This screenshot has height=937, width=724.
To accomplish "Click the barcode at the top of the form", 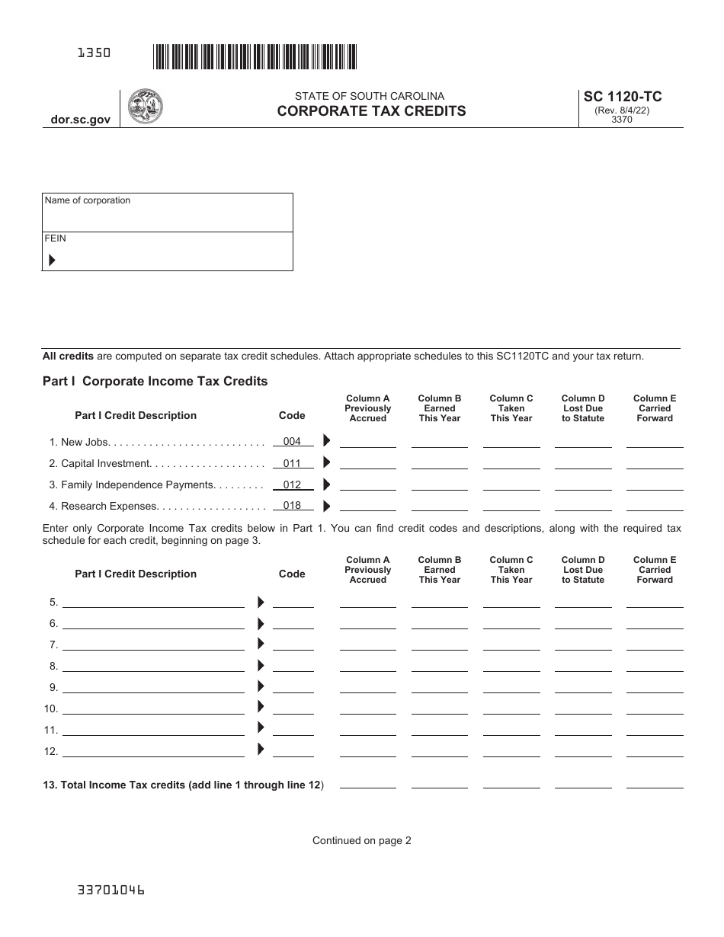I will (x=255, y=57).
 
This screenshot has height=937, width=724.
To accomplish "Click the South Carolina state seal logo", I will (x=145, y=107).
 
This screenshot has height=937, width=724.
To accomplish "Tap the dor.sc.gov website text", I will (x=81, y=120).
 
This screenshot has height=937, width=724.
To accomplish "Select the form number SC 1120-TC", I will (x=622, y=97).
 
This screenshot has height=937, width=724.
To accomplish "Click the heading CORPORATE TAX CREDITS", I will (x=371, y=111).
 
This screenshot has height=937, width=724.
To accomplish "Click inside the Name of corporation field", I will (x=167, y=217).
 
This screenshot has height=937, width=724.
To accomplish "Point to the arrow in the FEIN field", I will (x=52, y=261).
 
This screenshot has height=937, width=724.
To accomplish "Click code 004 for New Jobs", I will (x=292, y=441).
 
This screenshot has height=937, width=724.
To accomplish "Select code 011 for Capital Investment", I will (x=292, y=463).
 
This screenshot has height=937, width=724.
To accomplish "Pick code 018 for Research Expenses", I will (x=292, y=505).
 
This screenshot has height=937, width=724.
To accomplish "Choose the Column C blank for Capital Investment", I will (x=511, y=463).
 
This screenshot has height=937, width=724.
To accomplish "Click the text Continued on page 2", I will (x=361, y=841).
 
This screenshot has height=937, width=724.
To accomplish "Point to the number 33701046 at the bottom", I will (x=111, y=890).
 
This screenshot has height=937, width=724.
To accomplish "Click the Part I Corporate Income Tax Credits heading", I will (x=155, y=381).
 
